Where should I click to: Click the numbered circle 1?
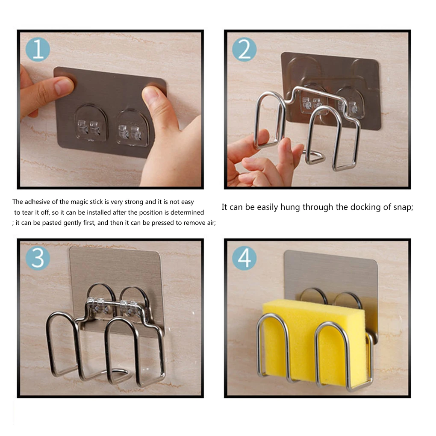tap(38, 50)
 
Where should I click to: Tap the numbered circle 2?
tap(244, 50)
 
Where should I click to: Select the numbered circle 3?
tap(38, 258)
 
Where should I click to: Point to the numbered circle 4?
tap(244, 258)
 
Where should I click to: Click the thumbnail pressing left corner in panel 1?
tap(64, 87)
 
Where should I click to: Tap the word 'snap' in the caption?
tap(401, 207)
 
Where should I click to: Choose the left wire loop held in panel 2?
tap(269, 120)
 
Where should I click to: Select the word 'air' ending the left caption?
tap(210, 223)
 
